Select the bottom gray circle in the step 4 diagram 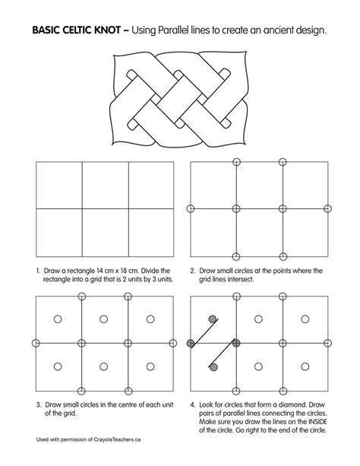[213, 367]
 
